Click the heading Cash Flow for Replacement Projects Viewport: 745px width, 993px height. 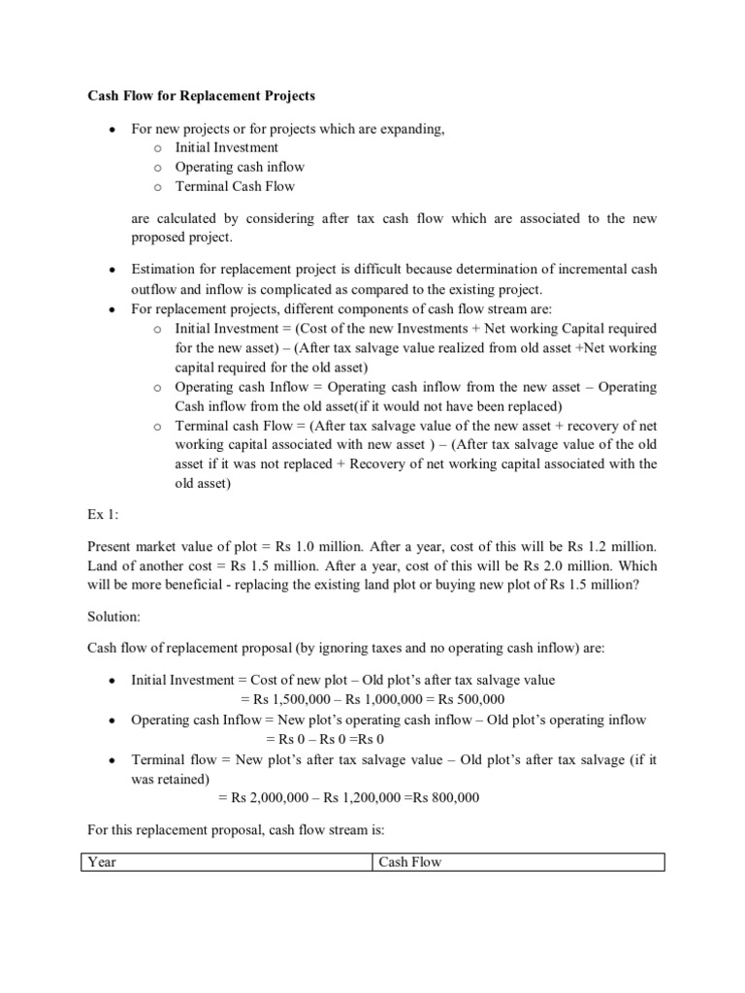(202, 97)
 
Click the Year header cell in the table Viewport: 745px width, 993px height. (102, 862)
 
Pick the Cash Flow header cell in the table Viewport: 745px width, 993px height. (409, 862)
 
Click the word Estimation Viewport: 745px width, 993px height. (165, 270)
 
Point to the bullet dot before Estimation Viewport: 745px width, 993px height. (113, 270)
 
